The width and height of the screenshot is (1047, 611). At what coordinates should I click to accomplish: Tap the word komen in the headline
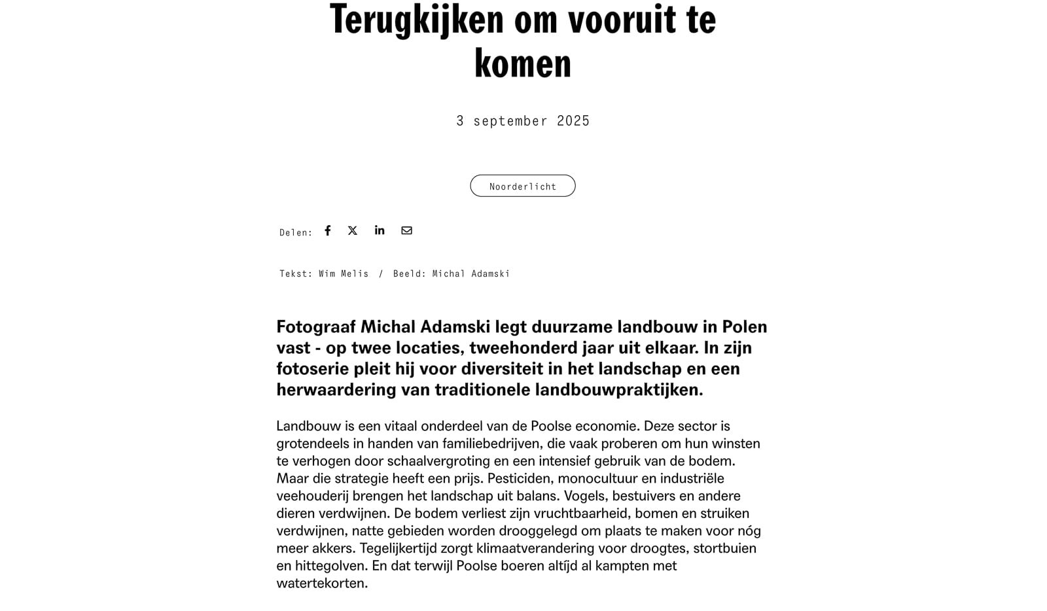(523, 63)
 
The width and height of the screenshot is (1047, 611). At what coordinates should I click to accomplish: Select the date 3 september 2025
(523, 121)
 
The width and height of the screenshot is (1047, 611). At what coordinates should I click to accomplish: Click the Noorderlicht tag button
(523, 186)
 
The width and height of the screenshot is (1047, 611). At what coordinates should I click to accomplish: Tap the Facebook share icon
(328, 230)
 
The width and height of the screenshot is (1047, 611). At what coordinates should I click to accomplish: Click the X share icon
(353, 230)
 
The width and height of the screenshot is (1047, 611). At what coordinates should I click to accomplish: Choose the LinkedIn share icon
(380, 230)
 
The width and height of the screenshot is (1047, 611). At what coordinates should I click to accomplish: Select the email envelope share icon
(406, 230)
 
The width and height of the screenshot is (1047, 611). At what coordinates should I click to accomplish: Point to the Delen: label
(296, 232)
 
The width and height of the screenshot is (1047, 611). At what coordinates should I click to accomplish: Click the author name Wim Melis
(344, 274)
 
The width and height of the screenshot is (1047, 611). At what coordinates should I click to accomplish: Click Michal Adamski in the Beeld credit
(470, 274)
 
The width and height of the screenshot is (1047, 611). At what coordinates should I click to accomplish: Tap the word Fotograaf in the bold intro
(315, 326)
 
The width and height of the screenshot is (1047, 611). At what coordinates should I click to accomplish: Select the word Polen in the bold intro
(745, 326)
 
